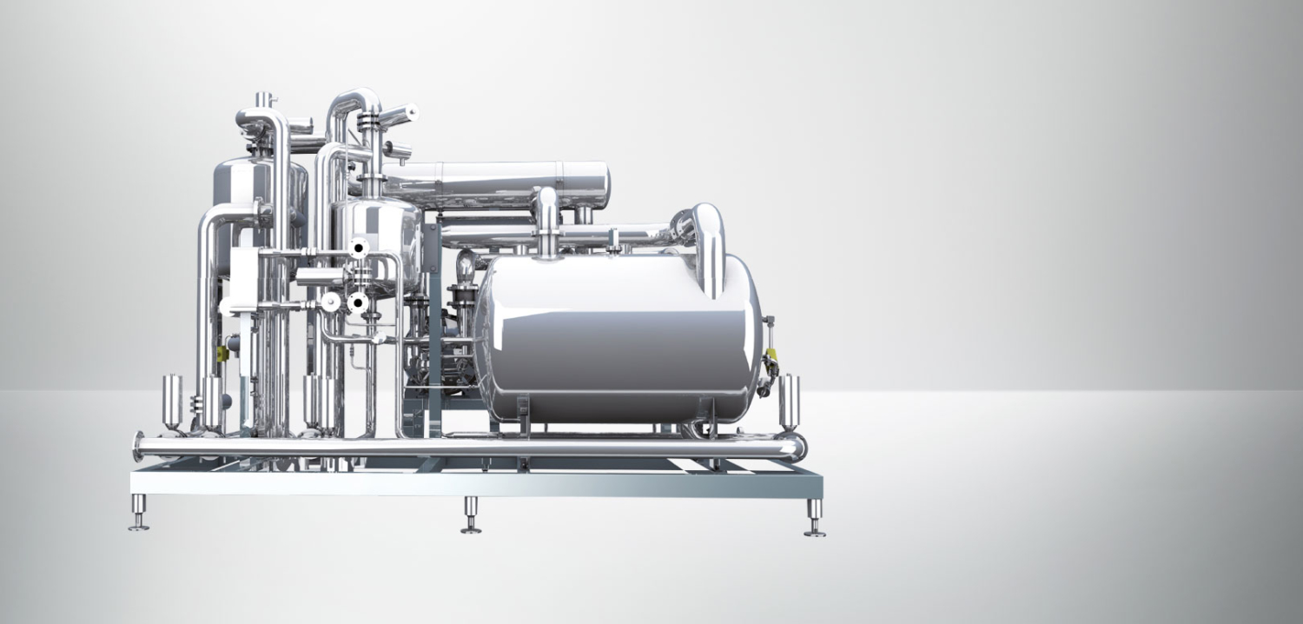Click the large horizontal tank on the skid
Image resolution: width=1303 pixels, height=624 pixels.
click(617, 339)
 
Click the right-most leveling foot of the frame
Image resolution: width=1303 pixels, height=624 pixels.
click(815, 519)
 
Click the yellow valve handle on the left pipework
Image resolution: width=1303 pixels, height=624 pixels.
click(222, 353)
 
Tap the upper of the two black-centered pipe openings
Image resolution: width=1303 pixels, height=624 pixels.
click(358, 249)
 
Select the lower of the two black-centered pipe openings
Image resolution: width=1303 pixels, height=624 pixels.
click(356, 302)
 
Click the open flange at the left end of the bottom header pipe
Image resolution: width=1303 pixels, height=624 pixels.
click(138, 447)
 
